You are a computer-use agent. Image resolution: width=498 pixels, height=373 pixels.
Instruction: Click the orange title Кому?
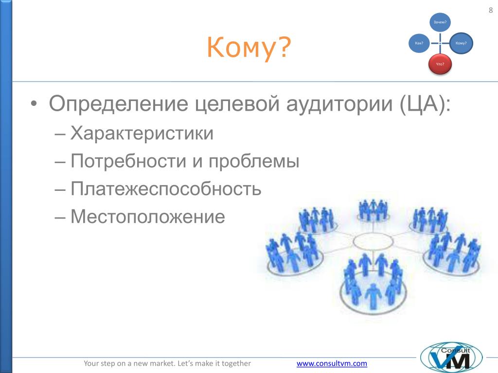tap(249, 47)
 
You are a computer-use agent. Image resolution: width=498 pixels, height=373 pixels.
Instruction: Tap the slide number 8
tap(491, 10)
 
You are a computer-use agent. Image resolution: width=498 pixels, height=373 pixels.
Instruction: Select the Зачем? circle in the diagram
tap(440, 22)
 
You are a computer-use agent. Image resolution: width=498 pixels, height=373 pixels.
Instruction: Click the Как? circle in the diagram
tap(419, 43)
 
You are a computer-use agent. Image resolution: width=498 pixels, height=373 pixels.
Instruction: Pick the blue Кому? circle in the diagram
tap(461, 43)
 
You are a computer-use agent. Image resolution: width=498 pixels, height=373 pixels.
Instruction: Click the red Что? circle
tap(440, 65)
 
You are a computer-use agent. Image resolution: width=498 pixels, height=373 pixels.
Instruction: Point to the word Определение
tap(119, 104)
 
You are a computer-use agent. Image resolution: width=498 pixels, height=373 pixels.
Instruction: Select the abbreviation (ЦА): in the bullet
tap(425, 104)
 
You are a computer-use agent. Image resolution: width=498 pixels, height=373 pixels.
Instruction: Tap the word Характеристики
tap(142, 133)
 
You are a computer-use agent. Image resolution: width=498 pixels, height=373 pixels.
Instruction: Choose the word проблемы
tap(254, 161)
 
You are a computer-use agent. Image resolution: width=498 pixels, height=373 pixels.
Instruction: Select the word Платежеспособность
tap(166, 189)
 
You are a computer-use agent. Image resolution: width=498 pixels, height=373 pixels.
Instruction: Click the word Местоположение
tap(148, 217)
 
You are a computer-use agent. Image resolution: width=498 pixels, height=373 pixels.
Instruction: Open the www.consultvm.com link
tap(332, 363)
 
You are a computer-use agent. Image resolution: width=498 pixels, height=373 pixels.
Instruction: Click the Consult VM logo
tap(451, 357)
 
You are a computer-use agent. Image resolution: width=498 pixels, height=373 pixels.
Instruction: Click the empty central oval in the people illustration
tap(373, 241)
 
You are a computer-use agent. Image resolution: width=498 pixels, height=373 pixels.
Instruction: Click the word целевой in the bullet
tap(237, 104)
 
